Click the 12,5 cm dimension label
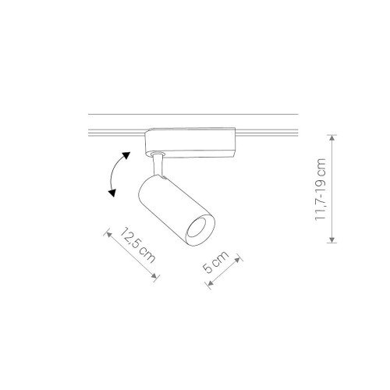137,245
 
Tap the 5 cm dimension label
215,262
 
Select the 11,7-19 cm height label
320,190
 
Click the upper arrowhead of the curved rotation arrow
126,155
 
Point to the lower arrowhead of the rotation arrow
112,193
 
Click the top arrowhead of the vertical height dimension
331,138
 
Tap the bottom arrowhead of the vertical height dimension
331,239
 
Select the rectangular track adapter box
190,142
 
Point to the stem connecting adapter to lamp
158,165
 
